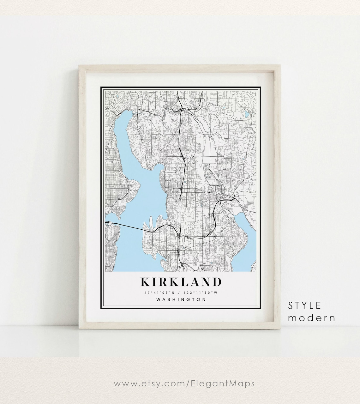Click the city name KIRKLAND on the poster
coord(181,282)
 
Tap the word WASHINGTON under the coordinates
coord(181,299)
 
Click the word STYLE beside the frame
coord(304,305)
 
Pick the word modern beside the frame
coord(311,318)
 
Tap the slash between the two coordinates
coord(180,292)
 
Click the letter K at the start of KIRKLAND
coord(146,282)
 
